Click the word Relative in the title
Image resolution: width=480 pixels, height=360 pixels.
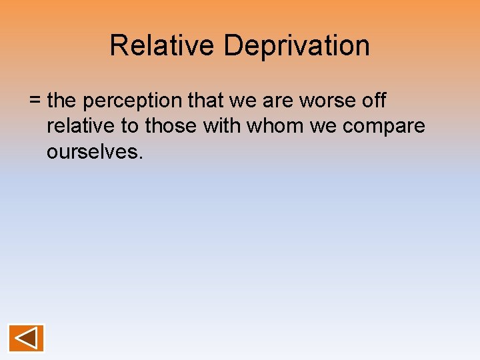(x=163, y=46)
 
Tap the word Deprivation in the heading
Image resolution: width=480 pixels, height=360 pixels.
(x=297, y=46)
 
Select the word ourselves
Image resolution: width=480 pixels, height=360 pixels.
(x=91, y=152)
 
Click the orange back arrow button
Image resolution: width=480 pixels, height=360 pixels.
(x=26, y=338)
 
